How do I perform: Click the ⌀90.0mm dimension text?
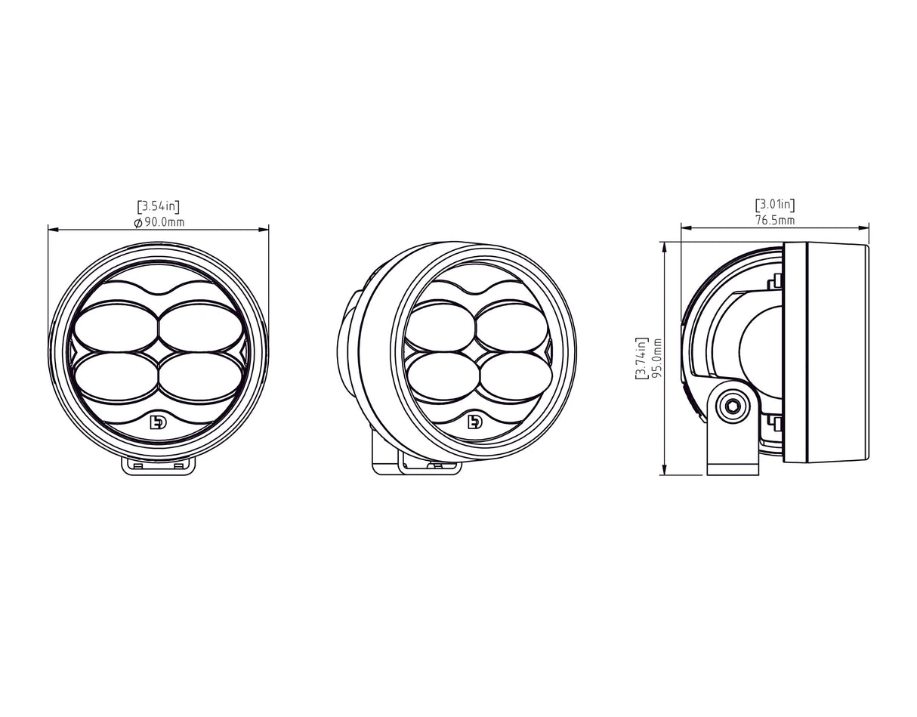159,222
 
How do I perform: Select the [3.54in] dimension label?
159,206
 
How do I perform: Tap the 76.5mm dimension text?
775,220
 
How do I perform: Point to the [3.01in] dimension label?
775,204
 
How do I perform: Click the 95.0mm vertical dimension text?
656,359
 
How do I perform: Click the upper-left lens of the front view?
115,324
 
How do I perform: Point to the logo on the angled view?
475,422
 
